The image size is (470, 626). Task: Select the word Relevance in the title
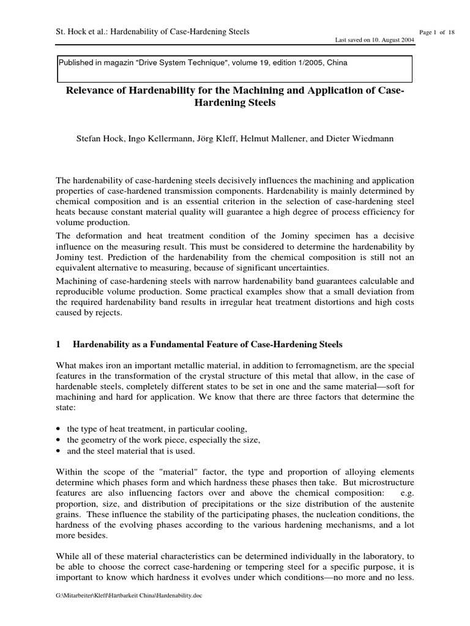(94, 92)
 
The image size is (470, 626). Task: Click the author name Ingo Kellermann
(161, 139)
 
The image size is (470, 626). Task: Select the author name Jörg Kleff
(218, 139)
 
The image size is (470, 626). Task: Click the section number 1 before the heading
(58, 344)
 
